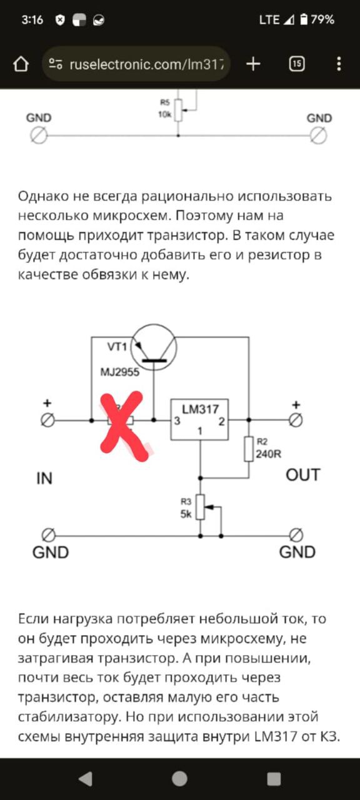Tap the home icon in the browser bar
[x=21, y=64]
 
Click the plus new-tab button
[x=253, y=64]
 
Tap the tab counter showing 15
[x=297, y=64]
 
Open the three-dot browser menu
[x=339, y=64]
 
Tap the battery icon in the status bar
[x=304, y=19]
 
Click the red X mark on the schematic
[x=124, y=426]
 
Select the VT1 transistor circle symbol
[x=154, y=347]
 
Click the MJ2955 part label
[x=119, y=372]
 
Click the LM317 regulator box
[x=199, y=419]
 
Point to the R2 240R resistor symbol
[x=249, y=449]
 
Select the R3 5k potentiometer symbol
[x=201, y=507]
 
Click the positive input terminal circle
[x=47, y=421]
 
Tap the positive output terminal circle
[x=296, y=421]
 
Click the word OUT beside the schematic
[x=303, y=475]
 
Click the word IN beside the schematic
[x=44, y=478]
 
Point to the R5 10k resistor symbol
[x=179, y=111]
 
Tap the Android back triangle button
[x=86, y=779]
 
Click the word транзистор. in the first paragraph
[x=187, y=236]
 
